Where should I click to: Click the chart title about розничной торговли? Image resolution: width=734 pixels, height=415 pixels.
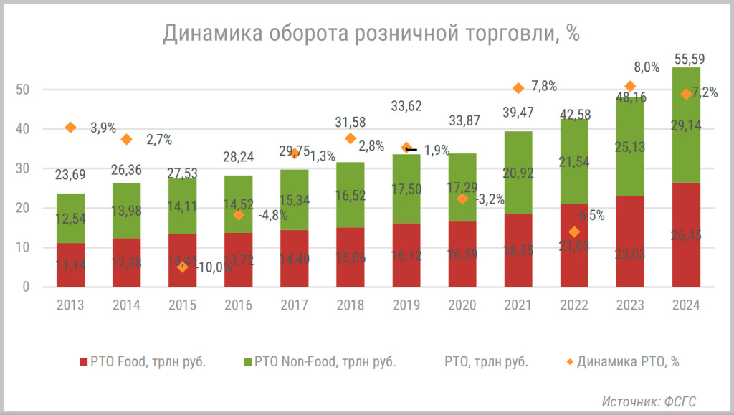(371, 33)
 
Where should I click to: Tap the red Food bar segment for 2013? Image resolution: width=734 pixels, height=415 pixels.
(70, 264)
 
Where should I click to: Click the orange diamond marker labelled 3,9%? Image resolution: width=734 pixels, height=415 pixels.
(70, 128)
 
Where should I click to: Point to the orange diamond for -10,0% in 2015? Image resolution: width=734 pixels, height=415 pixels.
(183, 267)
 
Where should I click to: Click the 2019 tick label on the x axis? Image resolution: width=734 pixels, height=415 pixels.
(406, 305)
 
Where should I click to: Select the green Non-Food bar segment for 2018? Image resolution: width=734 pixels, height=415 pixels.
(350, 195)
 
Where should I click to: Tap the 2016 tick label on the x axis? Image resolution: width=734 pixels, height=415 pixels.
(239, 305)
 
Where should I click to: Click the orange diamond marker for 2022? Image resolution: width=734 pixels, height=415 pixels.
(574, 232)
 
